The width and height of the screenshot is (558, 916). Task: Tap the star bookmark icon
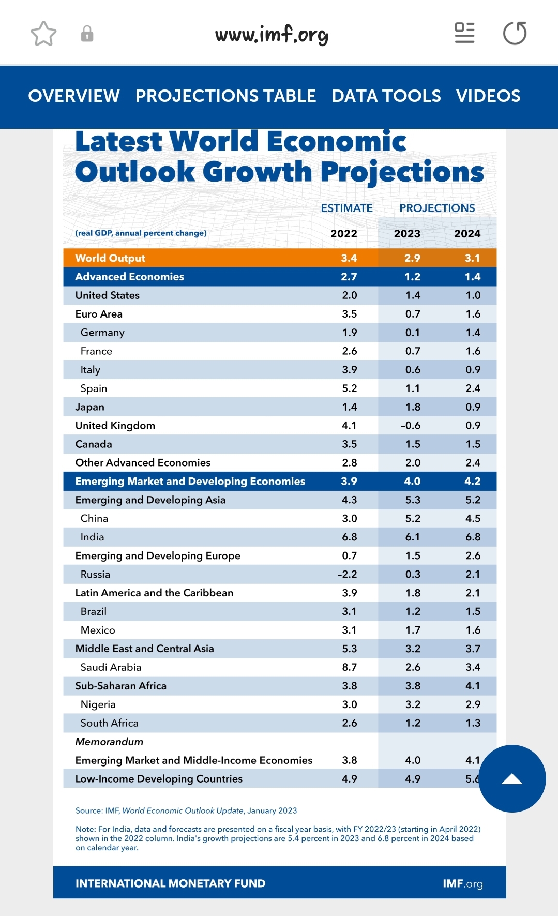tap(43, 34)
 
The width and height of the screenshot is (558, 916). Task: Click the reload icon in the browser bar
tap(515, 34)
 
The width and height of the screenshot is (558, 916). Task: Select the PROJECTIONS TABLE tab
tap(225, 96)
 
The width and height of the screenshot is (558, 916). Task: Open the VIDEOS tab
tap(488, 96)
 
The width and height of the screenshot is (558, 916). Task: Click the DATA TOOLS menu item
tap(386, 96)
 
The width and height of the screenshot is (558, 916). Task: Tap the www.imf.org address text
tap(272, 34)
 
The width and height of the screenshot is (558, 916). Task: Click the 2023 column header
tap(407, 233)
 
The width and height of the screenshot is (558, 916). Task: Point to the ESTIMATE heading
tap(346, 208)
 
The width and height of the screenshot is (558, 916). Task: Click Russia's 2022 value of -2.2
tap(347, 574)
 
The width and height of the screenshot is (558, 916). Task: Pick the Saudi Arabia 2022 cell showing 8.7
tap(349, 667)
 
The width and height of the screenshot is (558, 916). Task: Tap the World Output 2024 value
tap(472, 258)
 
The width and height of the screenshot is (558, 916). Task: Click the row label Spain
tap(94, 388)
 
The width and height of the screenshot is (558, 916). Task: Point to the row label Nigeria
tap(98, 704)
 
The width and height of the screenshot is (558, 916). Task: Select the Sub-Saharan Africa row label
tap(120, 686)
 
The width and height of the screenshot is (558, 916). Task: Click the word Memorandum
tap(109, 742)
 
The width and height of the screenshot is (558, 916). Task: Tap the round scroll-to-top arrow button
tap(512, 778)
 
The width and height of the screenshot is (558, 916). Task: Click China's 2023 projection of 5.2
tap(413, 518)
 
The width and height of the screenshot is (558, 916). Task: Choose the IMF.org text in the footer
tap(462, 883)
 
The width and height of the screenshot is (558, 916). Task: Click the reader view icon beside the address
tap(464, 33)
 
